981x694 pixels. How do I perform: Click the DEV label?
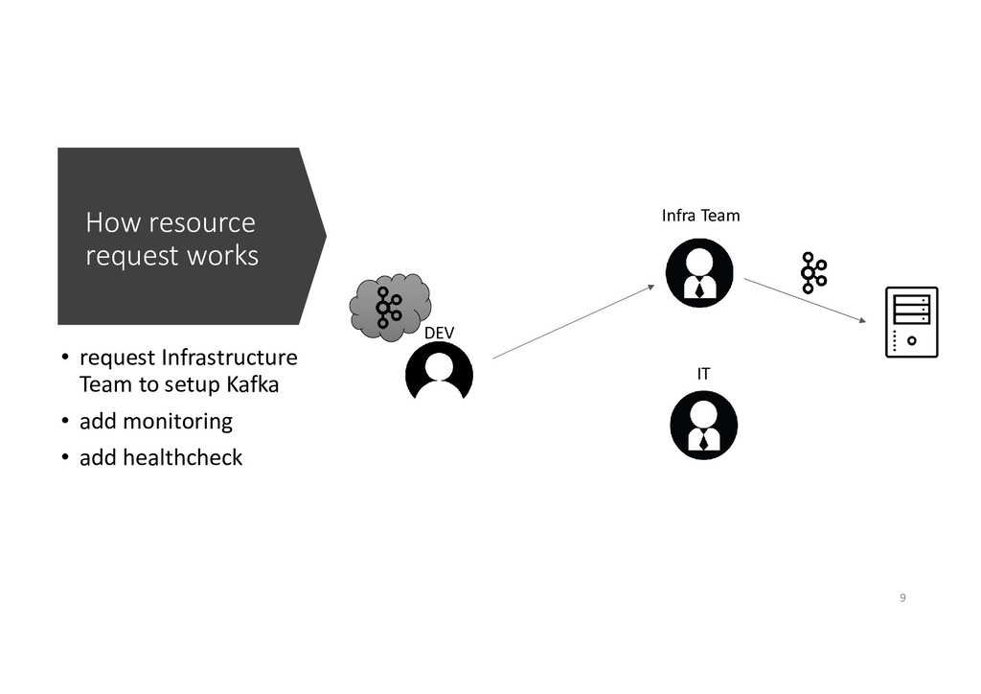(x=439, y=332)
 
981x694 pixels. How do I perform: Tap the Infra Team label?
(x=700, y=216)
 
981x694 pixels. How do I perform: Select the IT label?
(x=703, y=374)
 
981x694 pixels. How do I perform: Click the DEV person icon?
(x=439, y=371)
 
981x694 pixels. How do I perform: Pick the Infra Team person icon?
(x=699, y=273)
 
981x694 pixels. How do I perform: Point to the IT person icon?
(x=703, y=425)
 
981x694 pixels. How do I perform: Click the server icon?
(x=911, y=322)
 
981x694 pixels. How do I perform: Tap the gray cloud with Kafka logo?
(x=388, y=306)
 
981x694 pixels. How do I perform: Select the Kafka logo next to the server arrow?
(x=813, y=273)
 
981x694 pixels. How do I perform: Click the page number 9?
(x=901, y=599)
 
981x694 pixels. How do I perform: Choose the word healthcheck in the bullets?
(x=182, y=458)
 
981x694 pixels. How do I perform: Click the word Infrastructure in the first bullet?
(x=229, y=359)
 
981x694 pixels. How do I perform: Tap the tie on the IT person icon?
(x=704, y=441)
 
